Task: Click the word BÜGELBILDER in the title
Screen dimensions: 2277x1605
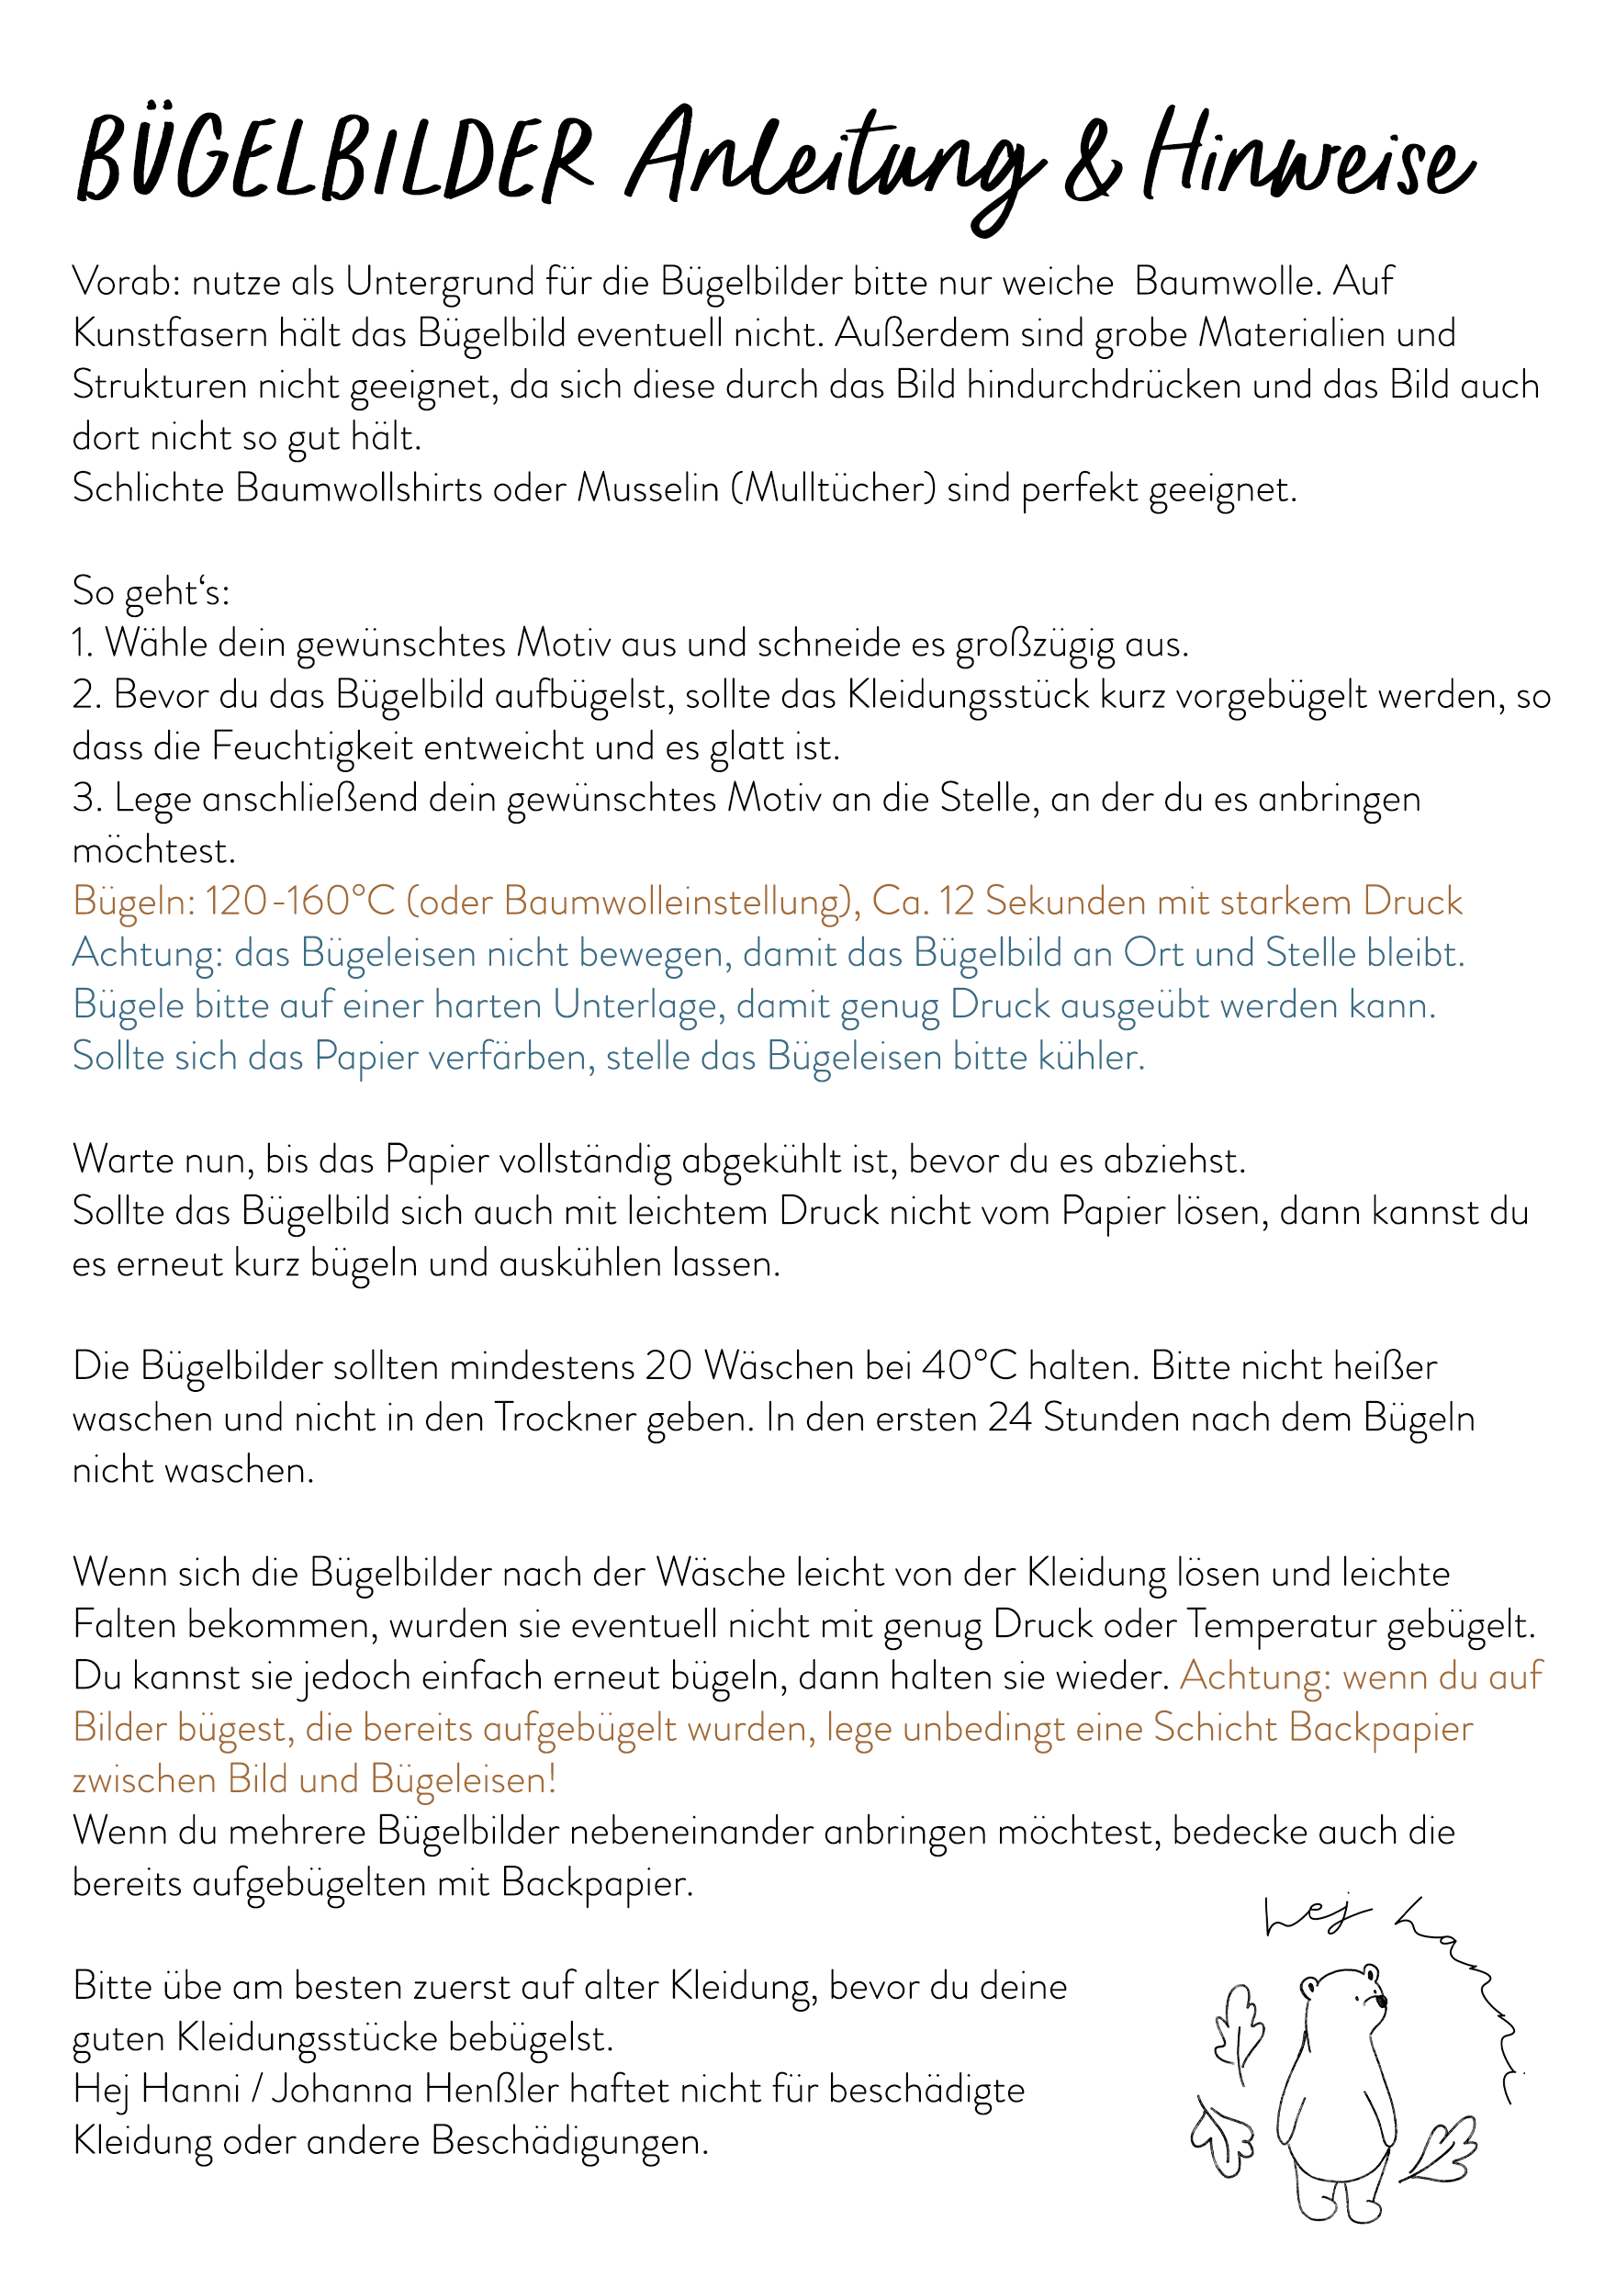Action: (335, 159)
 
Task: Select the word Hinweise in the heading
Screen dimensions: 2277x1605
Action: (1308, 159)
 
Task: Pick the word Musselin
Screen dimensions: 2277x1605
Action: (647, 489)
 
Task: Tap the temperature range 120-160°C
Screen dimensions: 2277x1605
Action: (300, 902)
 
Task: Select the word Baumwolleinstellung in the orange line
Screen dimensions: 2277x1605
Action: (677, 902)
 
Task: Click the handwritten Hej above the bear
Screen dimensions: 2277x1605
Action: (1316, 1916)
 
